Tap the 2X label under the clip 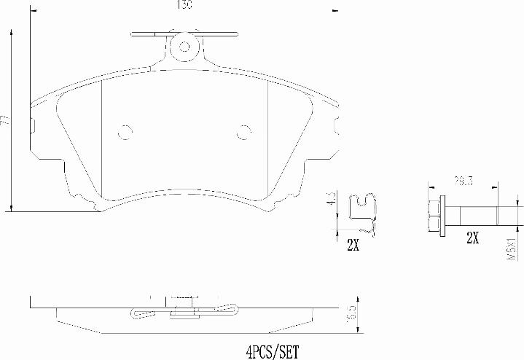(x=353, y=246)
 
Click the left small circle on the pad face (x=125, y=132)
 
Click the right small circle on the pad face (x=244, y=132)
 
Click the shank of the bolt (x=474, y=216)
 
